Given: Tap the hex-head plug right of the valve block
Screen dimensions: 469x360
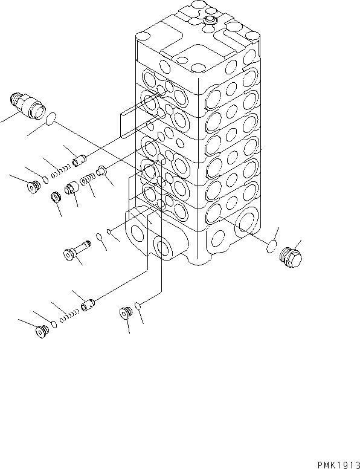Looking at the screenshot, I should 292,256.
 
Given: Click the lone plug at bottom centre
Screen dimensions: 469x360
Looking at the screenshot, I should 126,314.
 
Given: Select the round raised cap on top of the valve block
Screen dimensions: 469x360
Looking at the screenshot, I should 211,22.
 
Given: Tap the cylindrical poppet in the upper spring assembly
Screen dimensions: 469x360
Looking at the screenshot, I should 78,161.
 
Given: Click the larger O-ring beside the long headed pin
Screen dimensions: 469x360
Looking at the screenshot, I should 100,236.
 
